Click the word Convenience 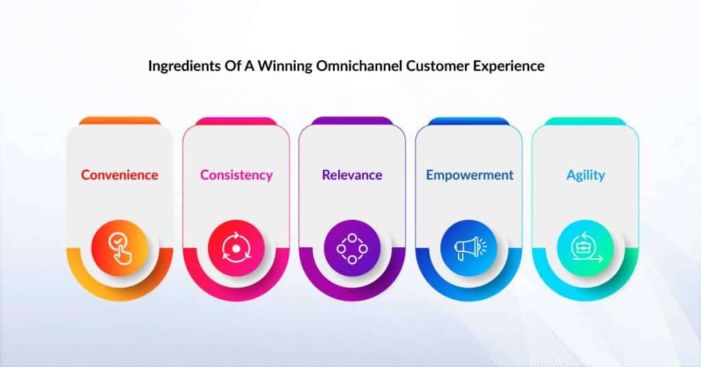point(119,175)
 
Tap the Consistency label point(236,175)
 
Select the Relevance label point(352,175)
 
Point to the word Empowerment point(470,175)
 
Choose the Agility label point(586,175)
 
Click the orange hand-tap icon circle point(120,248)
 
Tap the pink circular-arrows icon point(236,248)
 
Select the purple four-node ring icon point(353,248)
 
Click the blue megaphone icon point(469,248)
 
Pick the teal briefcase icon point(586,248)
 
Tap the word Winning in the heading point(285,66)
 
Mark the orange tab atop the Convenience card point(120,121)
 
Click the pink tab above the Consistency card point(236,121)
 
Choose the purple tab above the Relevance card point(353,121)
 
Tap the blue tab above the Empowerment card point(468,121)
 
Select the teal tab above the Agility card point(585,121)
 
